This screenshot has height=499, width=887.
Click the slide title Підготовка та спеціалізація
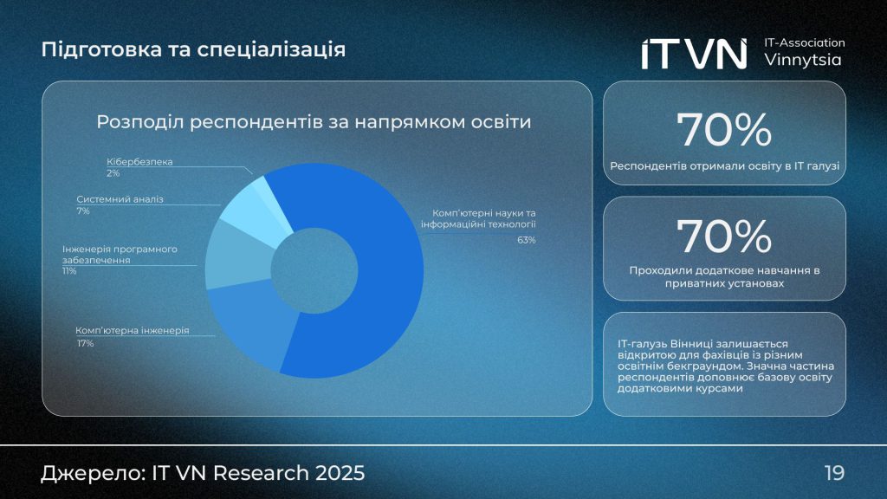point(193,49)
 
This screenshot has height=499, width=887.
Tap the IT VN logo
point(693,54)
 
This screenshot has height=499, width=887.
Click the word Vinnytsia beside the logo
point(803,61)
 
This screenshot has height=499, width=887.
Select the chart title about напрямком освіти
point(314,122)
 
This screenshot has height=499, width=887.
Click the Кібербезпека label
point(140,162)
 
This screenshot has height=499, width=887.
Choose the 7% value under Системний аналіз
point(82,211)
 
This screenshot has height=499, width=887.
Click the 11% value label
point(69,271)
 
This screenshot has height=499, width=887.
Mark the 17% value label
point(85,343)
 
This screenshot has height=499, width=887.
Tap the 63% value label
point(527,240)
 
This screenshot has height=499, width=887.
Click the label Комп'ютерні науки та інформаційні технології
point(479,219)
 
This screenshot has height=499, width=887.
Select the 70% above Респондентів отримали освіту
point(724,130)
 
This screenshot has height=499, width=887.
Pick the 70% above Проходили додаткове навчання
point(724,237)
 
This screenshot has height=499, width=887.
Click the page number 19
point(834,473)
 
